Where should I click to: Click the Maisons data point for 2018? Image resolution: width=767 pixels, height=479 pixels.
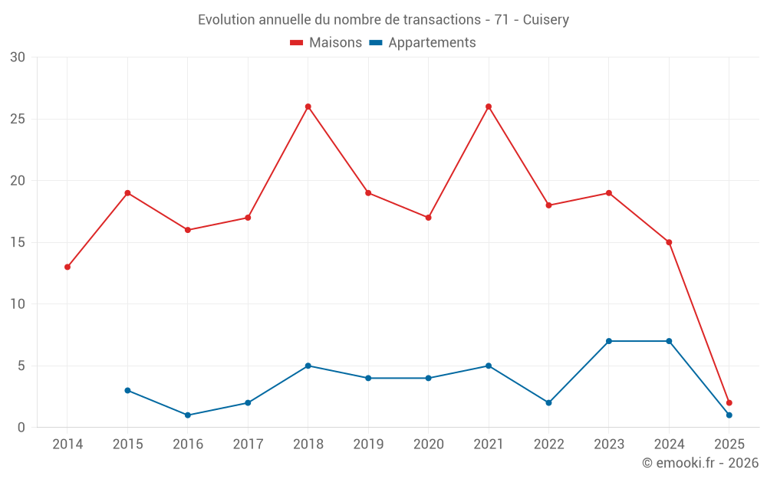pos(308,107)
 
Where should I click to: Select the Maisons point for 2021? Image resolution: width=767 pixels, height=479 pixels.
pos(489,107)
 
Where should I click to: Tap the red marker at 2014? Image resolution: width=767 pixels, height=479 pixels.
pos(67,267)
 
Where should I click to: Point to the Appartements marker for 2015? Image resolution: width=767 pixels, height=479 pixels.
pos(127,390)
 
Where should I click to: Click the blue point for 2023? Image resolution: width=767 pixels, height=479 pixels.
pos(609,341)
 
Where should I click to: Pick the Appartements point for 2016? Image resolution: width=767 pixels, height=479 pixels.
pos(188,415)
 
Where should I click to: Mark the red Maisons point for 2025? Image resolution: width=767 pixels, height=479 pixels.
pos(729,402)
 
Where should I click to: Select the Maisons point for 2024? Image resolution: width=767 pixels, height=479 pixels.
pos(669,242)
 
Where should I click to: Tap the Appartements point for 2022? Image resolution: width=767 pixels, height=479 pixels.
pos(548,402)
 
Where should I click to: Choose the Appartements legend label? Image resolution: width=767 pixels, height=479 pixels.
pos(432,43)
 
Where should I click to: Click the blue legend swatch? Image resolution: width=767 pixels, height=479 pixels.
pos(376,43)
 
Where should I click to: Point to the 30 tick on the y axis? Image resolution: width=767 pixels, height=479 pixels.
pos(18,57)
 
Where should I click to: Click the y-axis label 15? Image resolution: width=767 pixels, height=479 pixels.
pos(18,242)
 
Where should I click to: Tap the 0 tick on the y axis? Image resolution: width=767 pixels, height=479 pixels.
pos(21,428)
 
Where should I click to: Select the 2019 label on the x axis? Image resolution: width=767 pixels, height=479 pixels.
pos(368,445)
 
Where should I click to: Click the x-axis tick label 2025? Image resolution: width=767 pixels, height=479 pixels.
pos(729,445)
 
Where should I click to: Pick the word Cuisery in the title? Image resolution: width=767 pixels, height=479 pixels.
pos(546,19)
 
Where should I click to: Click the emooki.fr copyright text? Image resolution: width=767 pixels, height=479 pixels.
pos(700,463)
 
